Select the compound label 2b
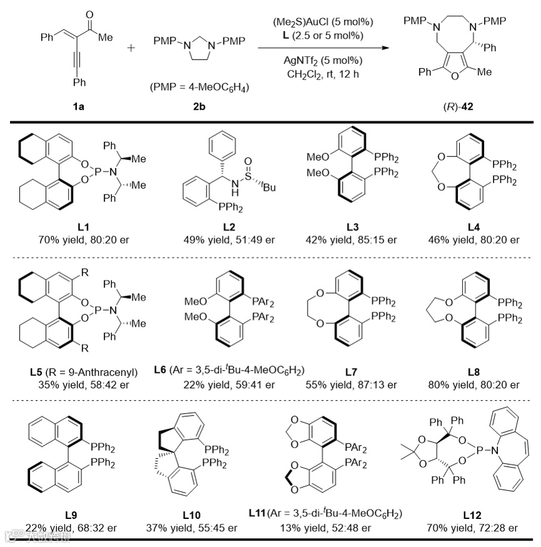[199, 106]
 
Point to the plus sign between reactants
[131, 48]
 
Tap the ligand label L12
[473, 514]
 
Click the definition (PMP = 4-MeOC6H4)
[199, 86]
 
